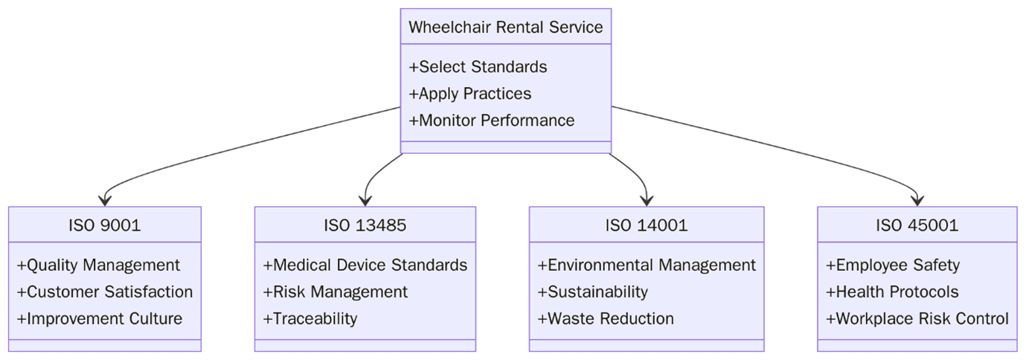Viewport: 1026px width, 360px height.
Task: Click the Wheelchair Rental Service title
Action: (x=505, y=28)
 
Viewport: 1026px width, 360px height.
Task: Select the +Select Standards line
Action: (x=478, y=67)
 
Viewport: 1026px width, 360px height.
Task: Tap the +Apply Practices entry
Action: (x=469, y=94)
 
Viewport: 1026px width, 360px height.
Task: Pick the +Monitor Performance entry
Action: (x=491, y=120)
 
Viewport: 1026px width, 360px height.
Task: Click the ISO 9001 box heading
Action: (x=104, y=225)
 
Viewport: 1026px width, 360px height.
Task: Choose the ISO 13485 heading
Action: (x=365, y=225)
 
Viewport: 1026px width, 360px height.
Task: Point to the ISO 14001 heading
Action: (x=646, y=225)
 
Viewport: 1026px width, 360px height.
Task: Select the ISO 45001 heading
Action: (x=917, y=225)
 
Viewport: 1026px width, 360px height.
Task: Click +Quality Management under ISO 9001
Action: (x=98, y=266)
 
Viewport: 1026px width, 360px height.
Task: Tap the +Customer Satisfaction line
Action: (x=105, y=292)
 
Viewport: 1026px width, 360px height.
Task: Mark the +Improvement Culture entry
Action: (x=99, y=319)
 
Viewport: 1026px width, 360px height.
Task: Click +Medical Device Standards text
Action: (x=365, y=266)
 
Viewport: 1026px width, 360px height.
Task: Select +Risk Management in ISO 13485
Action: (x=335, y=292)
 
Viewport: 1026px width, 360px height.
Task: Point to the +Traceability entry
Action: (x=310, y=319)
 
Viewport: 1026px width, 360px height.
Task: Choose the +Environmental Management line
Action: (x=646, y=266)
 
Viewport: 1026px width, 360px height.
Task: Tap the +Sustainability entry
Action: (x=592, y=292)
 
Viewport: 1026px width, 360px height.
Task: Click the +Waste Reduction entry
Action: (x=605, y=319)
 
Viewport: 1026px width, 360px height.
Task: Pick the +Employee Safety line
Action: (x=892, y=266)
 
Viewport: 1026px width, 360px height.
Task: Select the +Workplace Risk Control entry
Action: (x=917, y=319)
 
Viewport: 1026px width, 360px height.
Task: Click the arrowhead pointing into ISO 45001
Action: (x=917, y=200)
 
